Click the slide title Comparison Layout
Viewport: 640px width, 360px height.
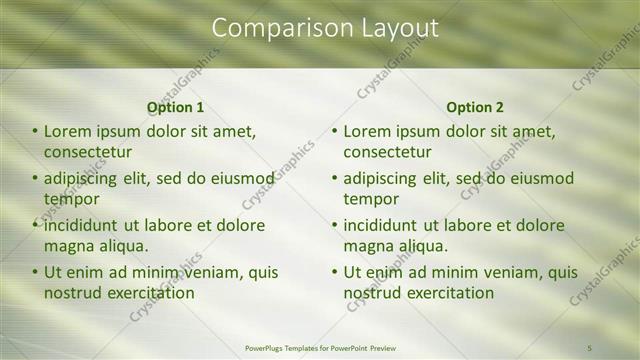tap(325, 28)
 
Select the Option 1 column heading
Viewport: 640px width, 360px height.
tap(176, 107)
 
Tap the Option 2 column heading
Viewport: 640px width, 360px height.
tap(475, 107)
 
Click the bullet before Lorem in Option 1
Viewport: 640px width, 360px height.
tap(35, 131)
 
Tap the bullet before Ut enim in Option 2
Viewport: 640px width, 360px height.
tap(335, 272)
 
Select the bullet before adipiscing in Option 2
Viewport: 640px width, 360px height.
tap(335, 178)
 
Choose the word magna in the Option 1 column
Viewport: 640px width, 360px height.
tap(68, 246)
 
